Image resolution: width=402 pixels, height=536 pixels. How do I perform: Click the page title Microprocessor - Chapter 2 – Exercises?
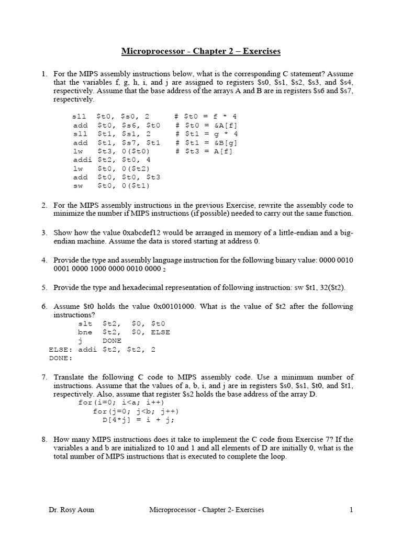pos(201,51)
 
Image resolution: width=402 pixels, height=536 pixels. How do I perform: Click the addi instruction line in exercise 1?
pos(112,160)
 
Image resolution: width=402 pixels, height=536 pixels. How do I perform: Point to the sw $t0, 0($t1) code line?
pos(112,185)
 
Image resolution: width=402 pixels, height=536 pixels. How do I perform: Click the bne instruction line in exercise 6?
pos(124,332)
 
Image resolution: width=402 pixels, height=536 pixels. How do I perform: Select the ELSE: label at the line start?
pos(60,349)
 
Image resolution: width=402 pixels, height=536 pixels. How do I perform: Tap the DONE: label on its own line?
pos(60,358)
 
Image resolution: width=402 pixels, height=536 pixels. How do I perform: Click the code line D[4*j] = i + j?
pos(138,420)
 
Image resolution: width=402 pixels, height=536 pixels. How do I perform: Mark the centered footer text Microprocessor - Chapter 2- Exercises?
pos(207,509)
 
